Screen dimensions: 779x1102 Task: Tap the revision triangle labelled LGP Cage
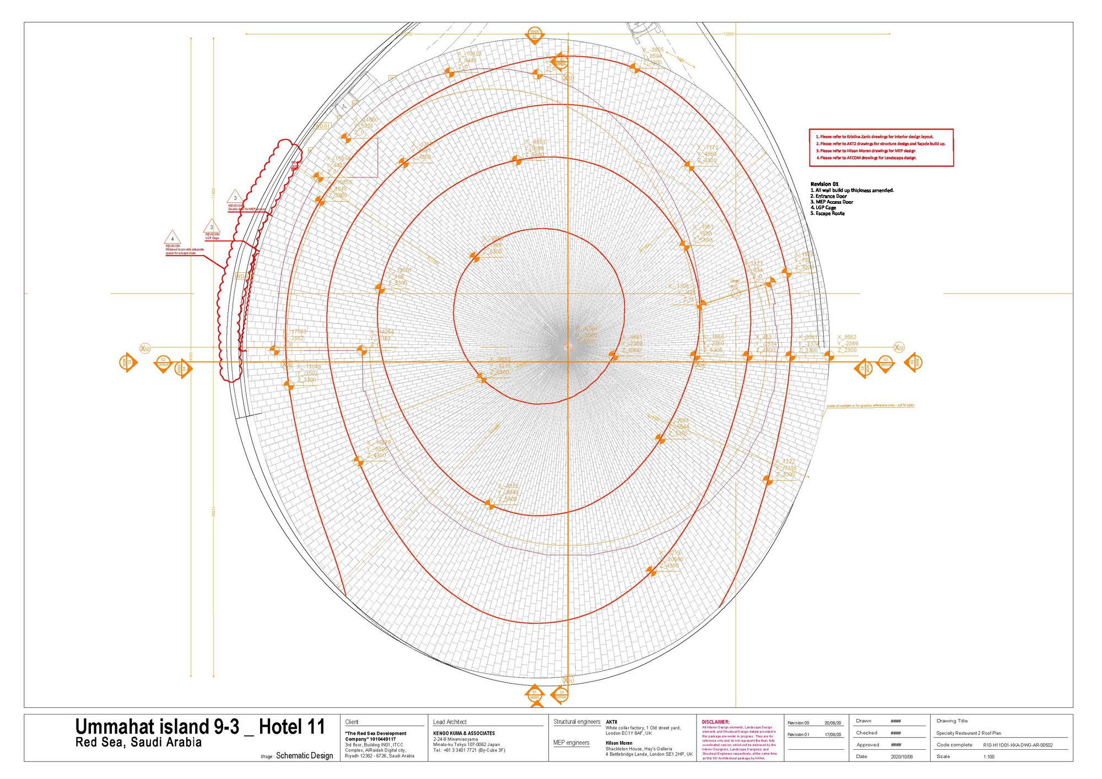212,226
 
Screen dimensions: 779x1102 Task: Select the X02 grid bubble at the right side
899,348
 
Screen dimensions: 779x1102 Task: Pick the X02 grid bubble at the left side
144,348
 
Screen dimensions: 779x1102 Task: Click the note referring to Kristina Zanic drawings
874,137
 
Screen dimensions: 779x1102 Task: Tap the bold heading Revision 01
824,184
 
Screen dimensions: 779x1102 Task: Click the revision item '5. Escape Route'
827,214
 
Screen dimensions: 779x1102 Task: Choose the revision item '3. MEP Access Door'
831,202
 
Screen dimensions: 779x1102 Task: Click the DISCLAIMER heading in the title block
715,722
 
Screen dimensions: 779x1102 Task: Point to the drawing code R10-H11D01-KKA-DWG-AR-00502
1018,745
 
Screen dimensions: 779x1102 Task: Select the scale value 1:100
989,757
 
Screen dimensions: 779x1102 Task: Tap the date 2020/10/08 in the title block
901,757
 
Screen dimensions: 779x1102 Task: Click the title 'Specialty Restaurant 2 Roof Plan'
969,733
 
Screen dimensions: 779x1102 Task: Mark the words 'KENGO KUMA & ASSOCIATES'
464,733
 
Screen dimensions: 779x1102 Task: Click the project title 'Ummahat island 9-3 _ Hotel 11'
200,727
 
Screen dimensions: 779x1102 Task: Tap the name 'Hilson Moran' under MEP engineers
619,743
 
